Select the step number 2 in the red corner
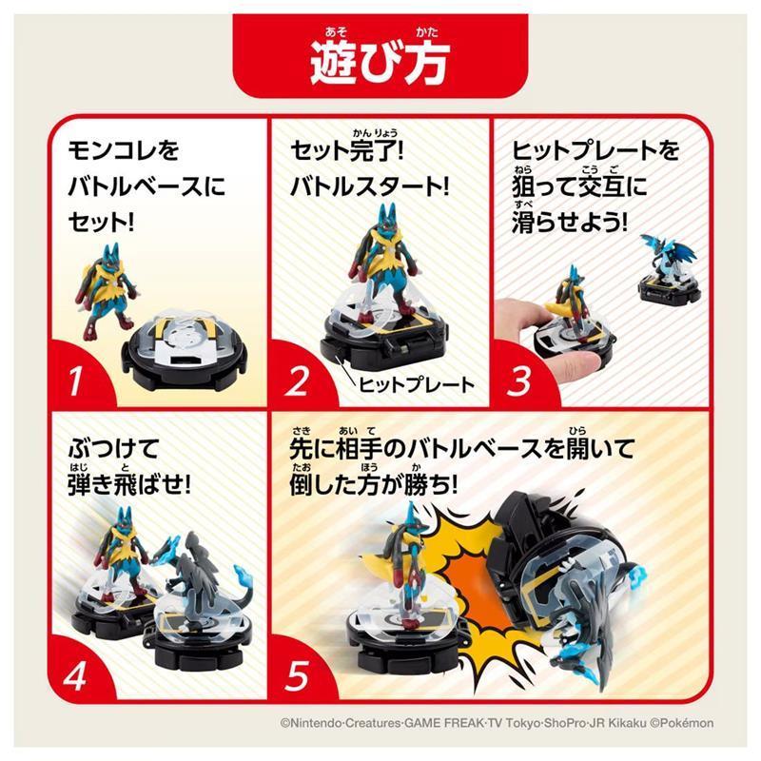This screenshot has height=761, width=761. pyautogui.click(x=298, y=383)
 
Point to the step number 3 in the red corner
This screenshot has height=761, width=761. pyautogui.click(x=520, y=383)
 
